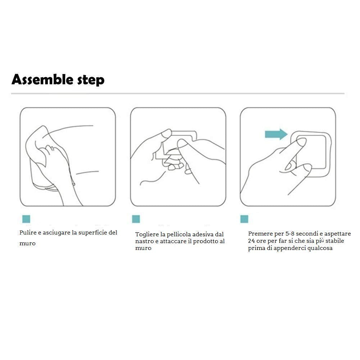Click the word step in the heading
click(91, 81)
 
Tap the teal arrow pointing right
click(276, 134)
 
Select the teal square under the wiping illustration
click(26, 219)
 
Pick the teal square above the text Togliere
click(136, 219)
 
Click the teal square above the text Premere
click(244, 219)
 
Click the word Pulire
click(28, 233)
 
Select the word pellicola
click(179, 234)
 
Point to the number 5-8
click(290, 234)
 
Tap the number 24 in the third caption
click(251, 241)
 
